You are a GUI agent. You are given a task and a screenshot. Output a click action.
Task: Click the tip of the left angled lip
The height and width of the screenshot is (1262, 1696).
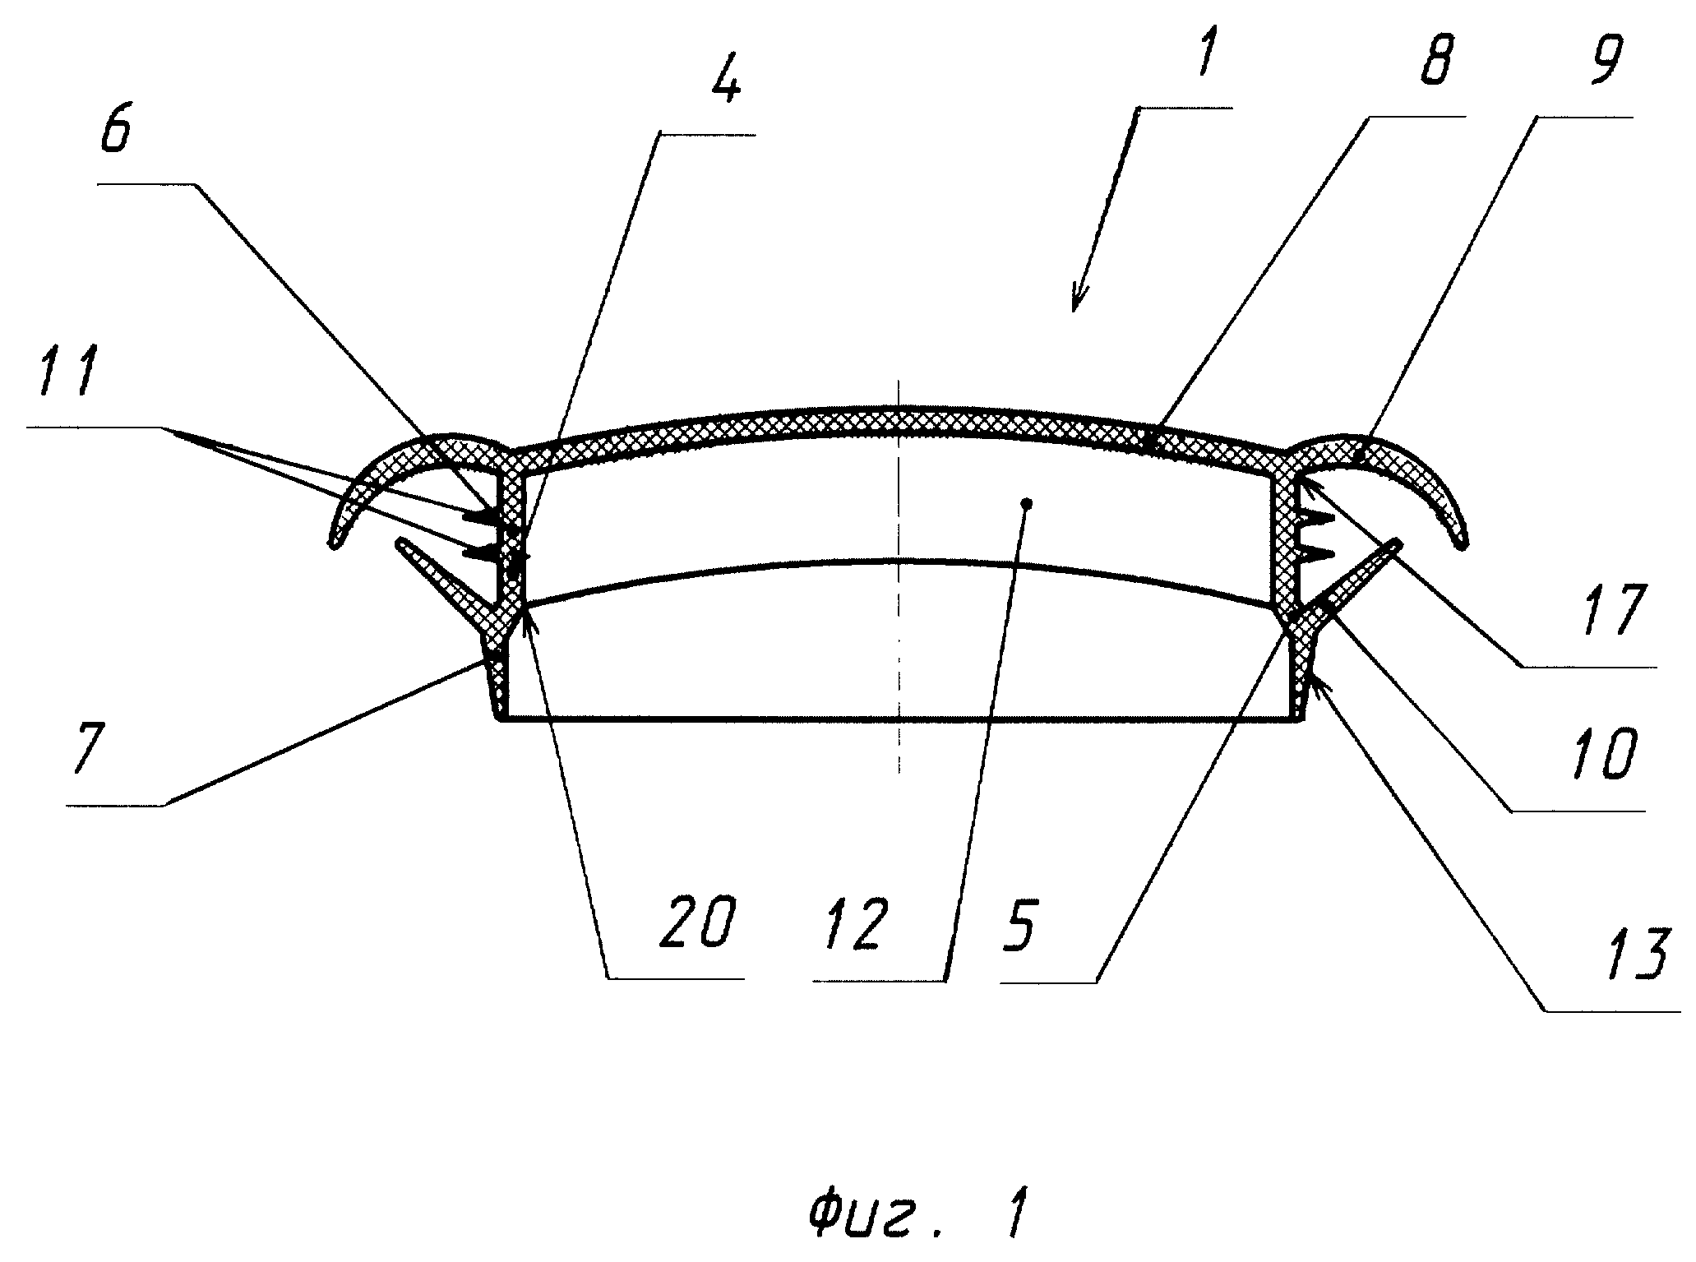click(x=400, y=543)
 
